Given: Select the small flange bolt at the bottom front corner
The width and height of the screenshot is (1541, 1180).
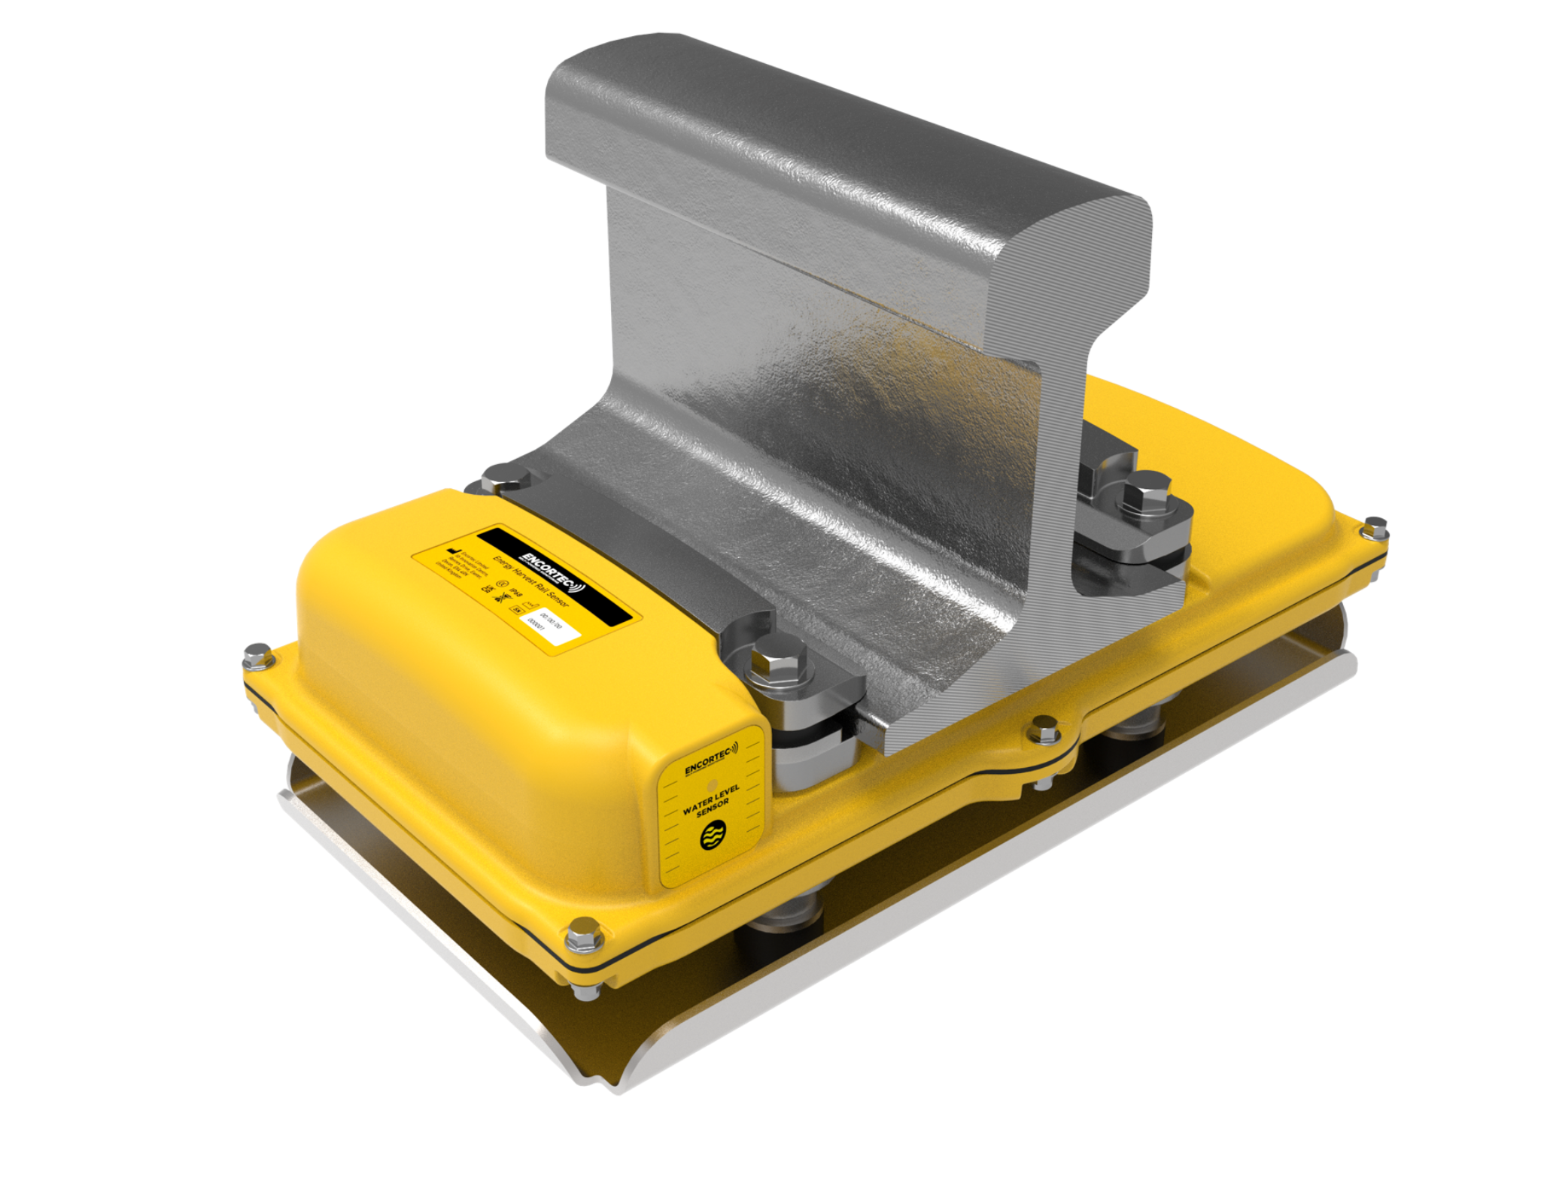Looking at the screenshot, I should (582, 936).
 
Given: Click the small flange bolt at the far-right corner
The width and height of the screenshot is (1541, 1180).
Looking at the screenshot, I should (1375, 526).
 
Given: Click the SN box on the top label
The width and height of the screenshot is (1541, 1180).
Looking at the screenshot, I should (516, 609).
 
